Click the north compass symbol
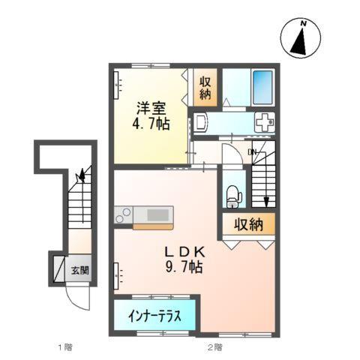[301, 38]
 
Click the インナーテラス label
[157, 315]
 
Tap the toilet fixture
[233, 194]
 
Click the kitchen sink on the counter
[158, 215]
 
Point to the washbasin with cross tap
[265, 121]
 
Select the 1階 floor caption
[64, 347]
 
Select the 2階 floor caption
[214, 347]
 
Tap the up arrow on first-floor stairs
[81, 176]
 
